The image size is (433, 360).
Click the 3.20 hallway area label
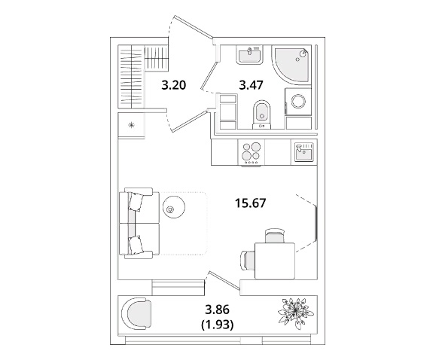point(174,85)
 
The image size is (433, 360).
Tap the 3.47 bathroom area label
point(251,85)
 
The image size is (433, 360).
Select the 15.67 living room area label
point(251,203)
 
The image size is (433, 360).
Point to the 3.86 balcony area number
point(218,310)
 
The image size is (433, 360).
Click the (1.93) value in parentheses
point(218,325)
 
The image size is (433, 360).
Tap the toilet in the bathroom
point(262,114)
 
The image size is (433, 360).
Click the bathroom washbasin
point(249,55)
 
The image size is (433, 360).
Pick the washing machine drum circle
point(299,102)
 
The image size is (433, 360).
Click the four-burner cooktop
point(251,153)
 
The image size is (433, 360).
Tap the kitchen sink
point(304,152)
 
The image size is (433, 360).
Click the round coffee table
point(174,208)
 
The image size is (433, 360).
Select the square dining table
point(275,261)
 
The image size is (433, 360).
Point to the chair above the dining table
point(275,236)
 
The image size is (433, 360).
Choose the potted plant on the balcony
point(296,313)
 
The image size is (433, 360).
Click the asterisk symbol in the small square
point(132,126)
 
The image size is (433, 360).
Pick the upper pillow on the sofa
point(136,201)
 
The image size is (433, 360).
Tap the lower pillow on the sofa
point(136,245)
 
